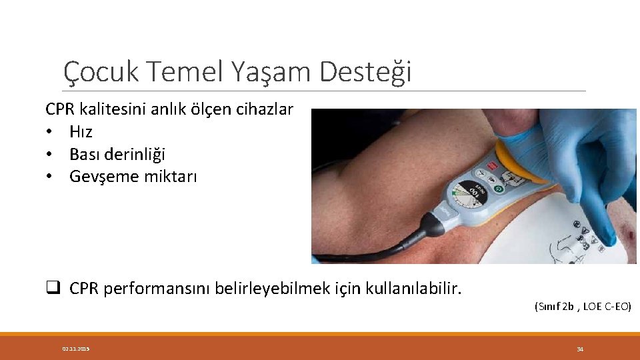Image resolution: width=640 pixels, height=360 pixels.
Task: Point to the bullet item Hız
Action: [x=81, y=132]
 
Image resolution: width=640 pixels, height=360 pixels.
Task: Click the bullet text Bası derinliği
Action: [x=117, y=154]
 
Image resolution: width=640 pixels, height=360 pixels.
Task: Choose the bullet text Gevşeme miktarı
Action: [x=133, y=177]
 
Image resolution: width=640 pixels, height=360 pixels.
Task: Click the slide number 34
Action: [x=579, y=349]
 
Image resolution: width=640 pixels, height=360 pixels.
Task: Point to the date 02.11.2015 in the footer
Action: [x=76, y=349]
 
